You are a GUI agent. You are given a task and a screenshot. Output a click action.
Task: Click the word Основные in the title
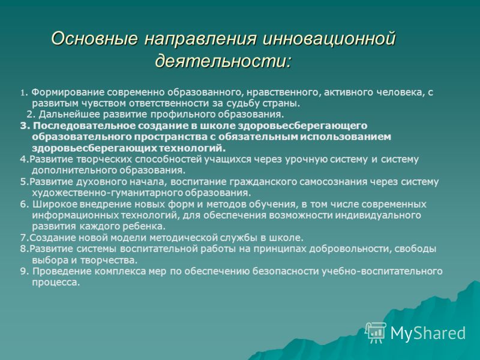[x=94, y=39]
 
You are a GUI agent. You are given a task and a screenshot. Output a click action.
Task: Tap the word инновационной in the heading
[x=329, y=39]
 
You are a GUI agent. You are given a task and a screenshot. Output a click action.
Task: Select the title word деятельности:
[x=223, y=61]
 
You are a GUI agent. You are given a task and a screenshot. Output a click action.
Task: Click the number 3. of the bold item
[x=25, y=126]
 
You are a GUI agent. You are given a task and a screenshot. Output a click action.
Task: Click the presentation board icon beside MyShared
[x=376, y=332]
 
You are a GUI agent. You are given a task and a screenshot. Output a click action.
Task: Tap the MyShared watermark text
[x=428, y=332]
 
